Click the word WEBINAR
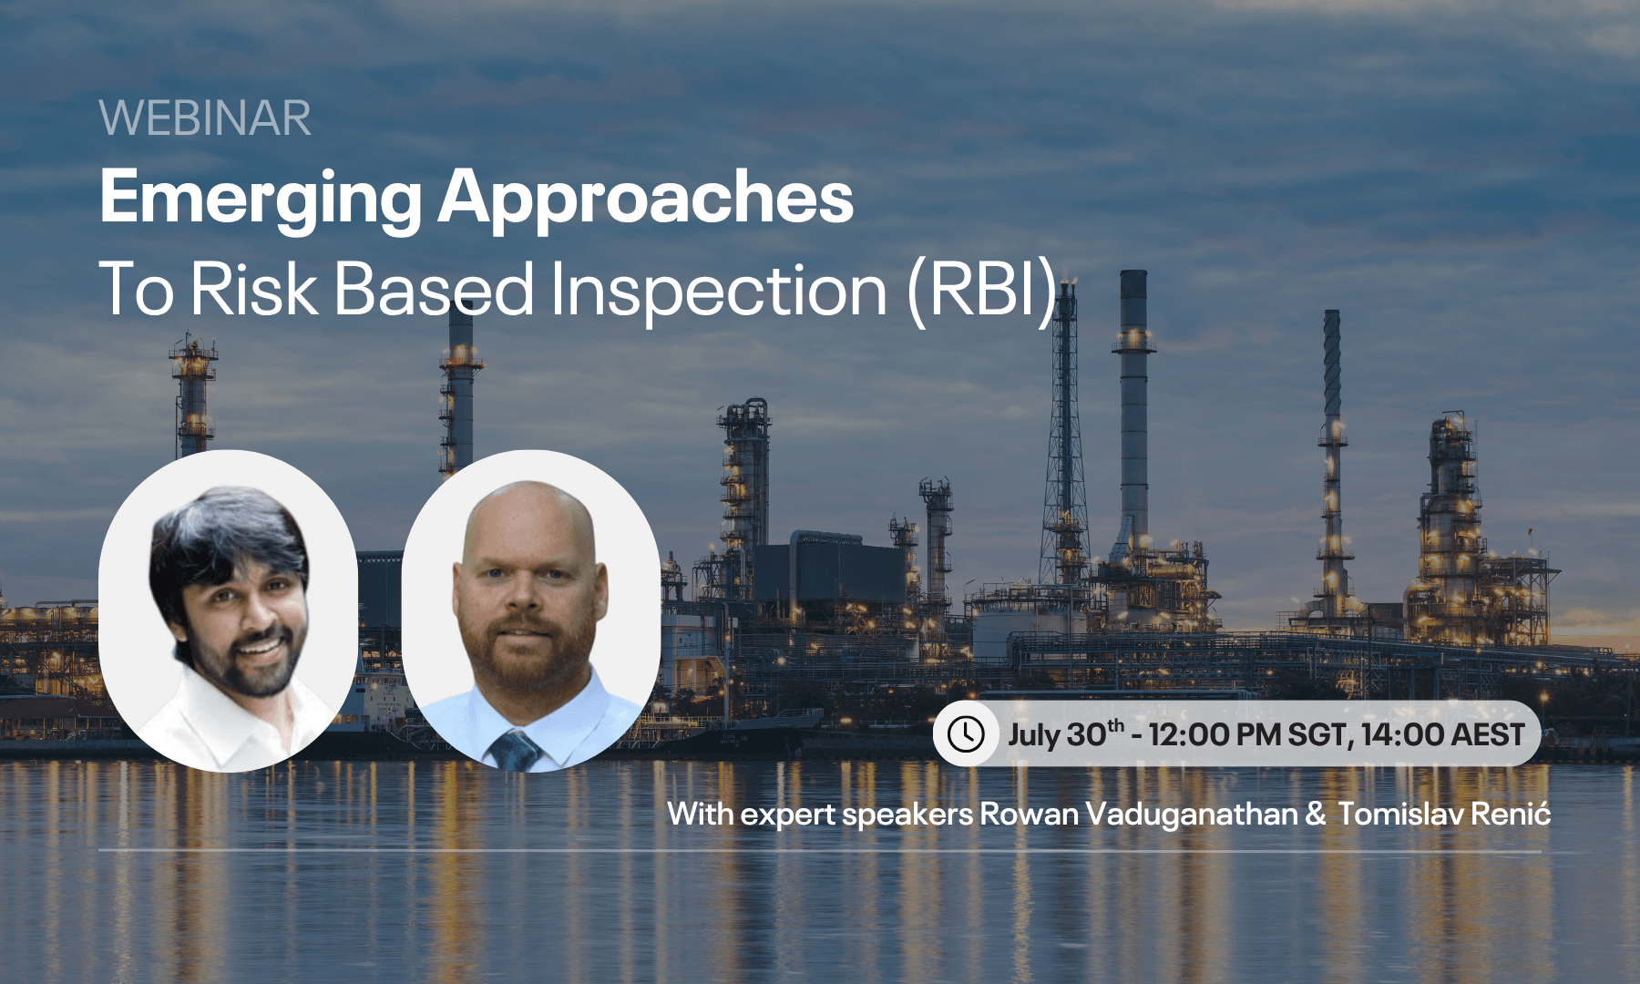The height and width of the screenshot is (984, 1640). point(205,118)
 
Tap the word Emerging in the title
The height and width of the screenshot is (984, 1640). point(260,199)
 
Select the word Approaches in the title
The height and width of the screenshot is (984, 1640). point(645,199)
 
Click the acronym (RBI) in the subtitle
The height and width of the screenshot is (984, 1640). point(982,290)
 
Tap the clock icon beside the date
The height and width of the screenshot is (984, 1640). point(966,733)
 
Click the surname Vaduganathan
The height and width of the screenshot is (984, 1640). point(1191,814)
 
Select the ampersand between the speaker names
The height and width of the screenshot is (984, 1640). point(1315,814)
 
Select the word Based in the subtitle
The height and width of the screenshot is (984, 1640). point(434,290)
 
